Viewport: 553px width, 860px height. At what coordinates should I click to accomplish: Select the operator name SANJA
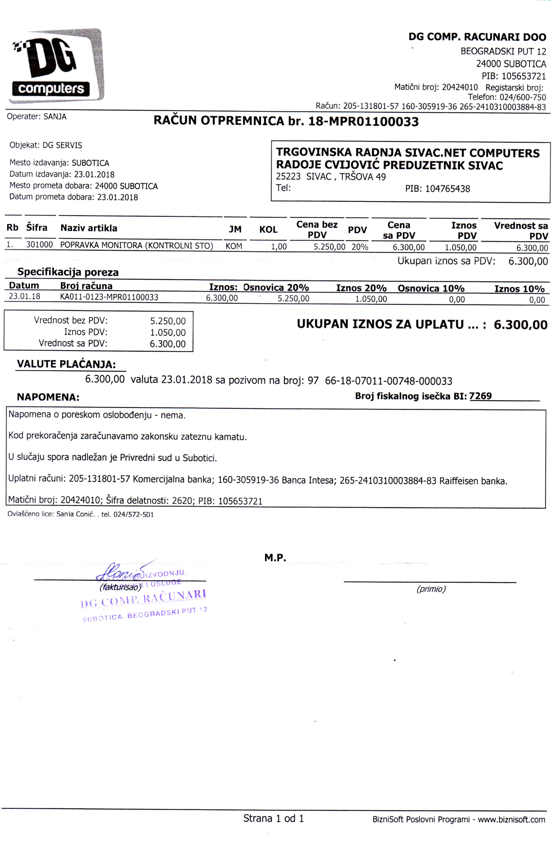(55, 117)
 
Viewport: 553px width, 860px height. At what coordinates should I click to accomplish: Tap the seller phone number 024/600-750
(523, 97)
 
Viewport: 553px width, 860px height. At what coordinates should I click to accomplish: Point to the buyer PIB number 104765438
(447, 189)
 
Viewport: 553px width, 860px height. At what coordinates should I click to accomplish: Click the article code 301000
(39, 245)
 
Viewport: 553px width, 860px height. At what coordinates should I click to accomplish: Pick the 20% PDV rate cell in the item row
(360, 247)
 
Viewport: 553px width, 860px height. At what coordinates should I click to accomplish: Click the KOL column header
(268, 229)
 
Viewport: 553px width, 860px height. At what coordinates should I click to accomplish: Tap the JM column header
(235, 229)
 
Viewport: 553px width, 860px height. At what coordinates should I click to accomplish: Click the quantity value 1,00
(279, 247)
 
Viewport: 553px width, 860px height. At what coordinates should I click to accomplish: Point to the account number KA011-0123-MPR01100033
(109, 297)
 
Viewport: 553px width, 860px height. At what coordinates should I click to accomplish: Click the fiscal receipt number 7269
(480, 396)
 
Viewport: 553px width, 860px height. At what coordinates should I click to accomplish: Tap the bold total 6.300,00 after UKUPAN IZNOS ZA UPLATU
(520, 325)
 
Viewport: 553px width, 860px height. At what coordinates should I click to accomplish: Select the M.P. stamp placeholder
(275, 558)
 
